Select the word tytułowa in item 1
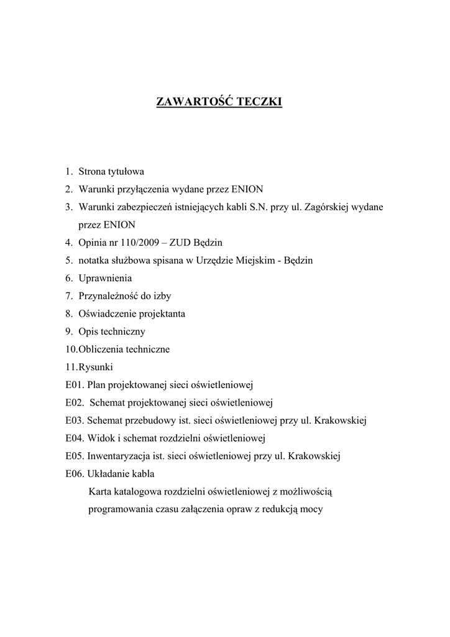126,171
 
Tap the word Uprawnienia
105,278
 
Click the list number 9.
68,332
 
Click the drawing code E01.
73,385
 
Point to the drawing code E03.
73,421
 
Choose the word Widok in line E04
100,439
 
